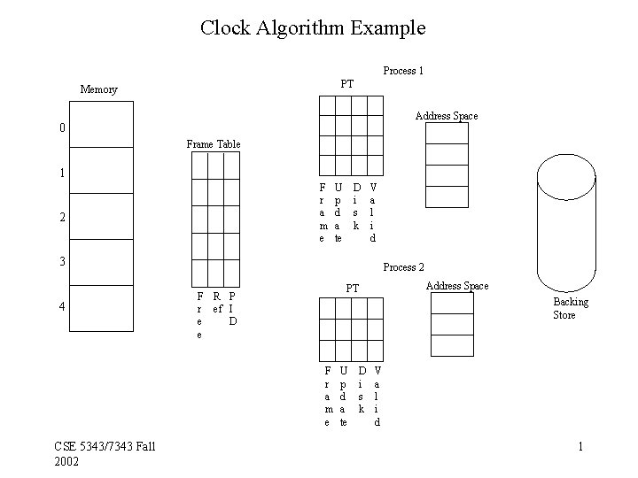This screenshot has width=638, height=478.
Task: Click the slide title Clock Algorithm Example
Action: coord(313,27)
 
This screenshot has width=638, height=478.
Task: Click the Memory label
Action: coord(98,89)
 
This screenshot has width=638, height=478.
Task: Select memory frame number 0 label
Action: coord(61,128)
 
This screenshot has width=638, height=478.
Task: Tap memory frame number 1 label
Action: coord(61,173)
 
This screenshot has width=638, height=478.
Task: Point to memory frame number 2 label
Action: coord(61,218)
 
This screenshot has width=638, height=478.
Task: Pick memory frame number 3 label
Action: coord(61,262)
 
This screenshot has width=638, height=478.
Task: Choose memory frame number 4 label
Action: coord(61,307)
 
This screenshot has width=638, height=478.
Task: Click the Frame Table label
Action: coord(213,144)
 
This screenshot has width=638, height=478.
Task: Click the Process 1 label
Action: coord(403,71)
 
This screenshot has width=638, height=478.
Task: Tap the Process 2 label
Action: coord(403,267)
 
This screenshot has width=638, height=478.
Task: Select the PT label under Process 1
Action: coord(347,84)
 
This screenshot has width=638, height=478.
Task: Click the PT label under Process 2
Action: coord(353,289)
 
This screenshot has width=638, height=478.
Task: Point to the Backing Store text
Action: coord(571,309)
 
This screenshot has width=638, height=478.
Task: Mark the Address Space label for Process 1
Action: coord(447,116)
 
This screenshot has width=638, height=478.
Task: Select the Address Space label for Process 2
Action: coord(457,286)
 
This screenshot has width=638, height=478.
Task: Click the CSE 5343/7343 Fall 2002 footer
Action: coord(105,453)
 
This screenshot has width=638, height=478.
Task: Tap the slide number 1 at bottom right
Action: coord(580,446)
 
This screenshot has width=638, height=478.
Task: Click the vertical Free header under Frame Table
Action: coord(198,315)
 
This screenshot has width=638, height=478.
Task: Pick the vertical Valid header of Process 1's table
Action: coord(373,212)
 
